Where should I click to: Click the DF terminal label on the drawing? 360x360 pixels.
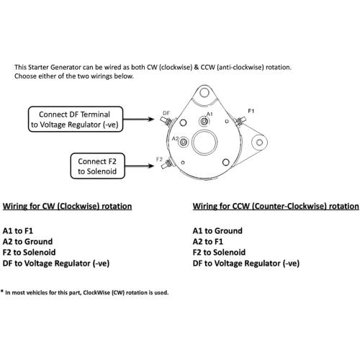pos(166,113)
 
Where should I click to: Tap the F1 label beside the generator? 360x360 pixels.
pos(251,111)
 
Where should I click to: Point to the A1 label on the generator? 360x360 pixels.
pos(210,114)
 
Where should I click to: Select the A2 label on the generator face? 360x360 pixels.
pos(175,138)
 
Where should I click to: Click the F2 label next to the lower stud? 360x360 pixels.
pos(159,159)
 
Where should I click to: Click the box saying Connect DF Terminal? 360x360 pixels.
pos(76,120)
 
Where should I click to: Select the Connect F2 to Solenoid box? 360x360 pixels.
pos(97,166)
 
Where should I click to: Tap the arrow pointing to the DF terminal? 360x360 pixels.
pos(138,119)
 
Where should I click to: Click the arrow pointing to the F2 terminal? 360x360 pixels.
pos(140,166)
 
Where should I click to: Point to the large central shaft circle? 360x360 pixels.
pos(204,143)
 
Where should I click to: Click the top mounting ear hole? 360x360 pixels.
pos(204,92)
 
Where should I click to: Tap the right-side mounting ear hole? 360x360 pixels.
pos(259,143)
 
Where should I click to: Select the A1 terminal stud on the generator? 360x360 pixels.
pos(204,122)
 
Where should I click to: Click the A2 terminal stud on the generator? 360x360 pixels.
pos(184,142)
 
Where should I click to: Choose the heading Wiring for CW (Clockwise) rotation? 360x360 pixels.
pos(67,207)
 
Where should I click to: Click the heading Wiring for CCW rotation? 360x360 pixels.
pos(276,207)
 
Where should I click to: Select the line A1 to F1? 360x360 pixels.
pos(18,231)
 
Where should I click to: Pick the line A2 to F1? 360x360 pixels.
pos(208,241)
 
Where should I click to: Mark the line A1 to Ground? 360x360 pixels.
pos(217,231)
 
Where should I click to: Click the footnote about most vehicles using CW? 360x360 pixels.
pos(84,292)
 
